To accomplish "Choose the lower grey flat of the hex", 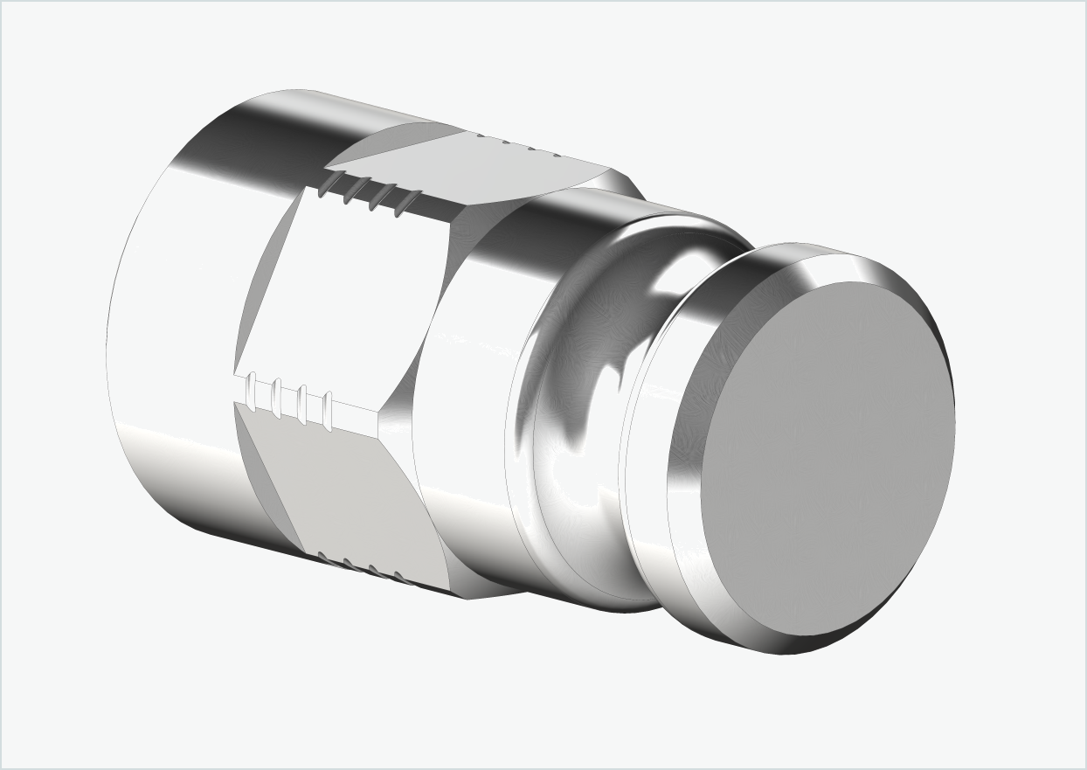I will click(341, 489).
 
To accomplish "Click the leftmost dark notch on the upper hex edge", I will click(329, 183).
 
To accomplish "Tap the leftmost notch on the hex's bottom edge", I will click(322, 556).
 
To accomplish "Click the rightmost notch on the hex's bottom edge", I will click(399, 578).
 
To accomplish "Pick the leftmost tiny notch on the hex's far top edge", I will click(481, 136).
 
